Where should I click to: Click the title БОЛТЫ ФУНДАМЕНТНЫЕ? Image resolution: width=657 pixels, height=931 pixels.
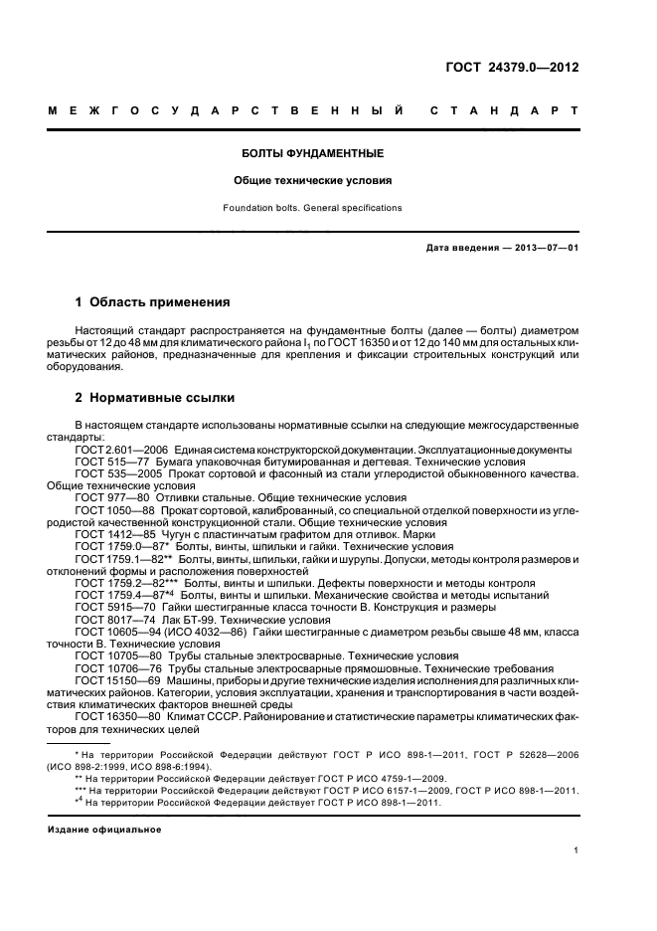[x=313, y=154]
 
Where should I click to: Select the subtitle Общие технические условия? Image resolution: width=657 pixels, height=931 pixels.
[x=312, y=182]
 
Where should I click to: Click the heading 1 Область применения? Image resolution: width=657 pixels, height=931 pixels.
[x=153, y=301]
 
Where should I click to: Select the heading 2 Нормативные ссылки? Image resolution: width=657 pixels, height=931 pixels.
[x=155, y=398]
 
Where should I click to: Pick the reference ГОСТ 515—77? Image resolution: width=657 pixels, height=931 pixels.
[x=109, y=463]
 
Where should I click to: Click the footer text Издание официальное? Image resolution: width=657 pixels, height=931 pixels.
[x=103, y=829]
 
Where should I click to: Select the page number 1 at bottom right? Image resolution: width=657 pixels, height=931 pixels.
[x=575, y=850]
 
